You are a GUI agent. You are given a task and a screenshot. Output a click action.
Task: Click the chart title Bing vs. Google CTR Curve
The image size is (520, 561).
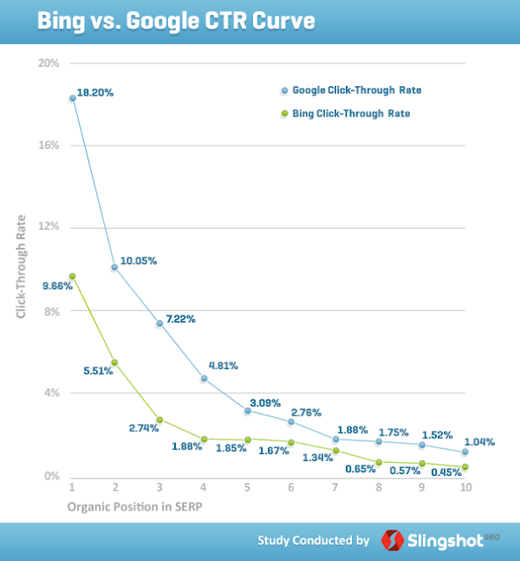point(175,20)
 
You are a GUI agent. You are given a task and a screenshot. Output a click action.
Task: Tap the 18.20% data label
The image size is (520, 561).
point(95,91)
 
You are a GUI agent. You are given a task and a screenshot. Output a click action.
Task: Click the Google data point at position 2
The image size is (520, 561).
point(115,267)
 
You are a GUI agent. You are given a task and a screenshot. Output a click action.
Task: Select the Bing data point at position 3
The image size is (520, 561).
point(159,420)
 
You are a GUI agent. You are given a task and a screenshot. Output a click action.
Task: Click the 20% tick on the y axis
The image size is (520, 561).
point(48,63)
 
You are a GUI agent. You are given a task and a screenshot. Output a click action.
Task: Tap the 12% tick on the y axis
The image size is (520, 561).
point(48,227)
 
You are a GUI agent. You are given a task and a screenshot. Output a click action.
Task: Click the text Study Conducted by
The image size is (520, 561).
point(313,539)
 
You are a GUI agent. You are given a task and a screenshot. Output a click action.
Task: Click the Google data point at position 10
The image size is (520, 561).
point(465,452)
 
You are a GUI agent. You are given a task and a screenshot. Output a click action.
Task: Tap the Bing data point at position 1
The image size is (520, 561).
point(72,276)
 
